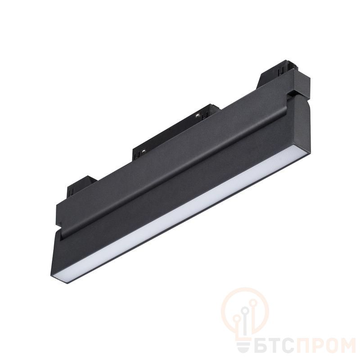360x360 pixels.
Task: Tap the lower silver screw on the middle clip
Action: pyautogui.click(x=144, y=151)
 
